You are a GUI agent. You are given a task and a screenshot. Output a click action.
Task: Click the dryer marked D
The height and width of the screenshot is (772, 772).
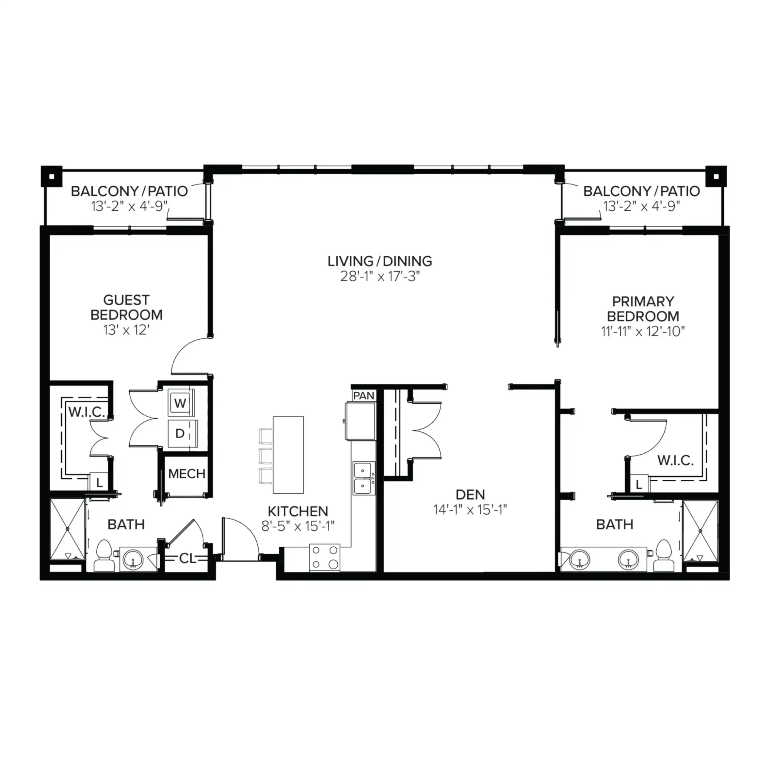pos(181,433)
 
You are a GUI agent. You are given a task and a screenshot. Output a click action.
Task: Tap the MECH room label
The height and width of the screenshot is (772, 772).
pos(186,474)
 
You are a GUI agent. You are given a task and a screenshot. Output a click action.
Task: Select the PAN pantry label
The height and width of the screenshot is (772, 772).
pos(364,396)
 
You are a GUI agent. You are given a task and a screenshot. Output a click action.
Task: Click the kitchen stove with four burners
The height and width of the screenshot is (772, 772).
pos(325,558)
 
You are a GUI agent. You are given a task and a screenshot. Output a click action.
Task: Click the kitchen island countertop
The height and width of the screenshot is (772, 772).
pos(288,455)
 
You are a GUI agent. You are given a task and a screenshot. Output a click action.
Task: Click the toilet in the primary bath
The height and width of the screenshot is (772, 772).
pos(664,555)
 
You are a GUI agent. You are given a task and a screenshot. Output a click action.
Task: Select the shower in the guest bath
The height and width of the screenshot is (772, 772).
pos(68,529)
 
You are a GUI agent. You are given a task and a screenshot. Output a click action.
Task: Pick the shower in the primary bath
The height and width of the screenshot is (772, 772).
pos(700,531)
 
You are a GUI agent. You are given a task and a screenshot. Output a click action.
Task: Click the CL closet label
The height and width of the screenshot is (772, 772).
pos(187,559)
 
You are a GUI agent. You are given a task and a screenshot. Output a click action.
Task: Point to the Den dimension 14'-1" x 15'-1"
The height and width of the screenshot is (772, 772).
pos(470,510)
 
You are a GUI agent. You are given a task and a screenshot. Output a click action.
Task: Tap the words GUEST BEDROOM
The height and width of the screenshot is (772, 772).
pos(126,307)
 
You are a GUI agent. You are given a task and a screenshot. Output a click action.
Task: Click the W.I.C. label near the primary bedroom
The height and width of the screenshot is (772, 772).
pos(675,461)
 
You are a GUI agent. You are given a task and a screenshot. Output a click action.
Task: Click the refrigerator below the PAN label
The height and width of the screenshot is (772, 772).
pos(361,421)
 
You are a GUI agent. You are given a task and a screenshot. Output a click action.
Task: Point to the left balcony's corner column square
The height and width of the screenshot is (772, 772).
pos(52,176)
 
